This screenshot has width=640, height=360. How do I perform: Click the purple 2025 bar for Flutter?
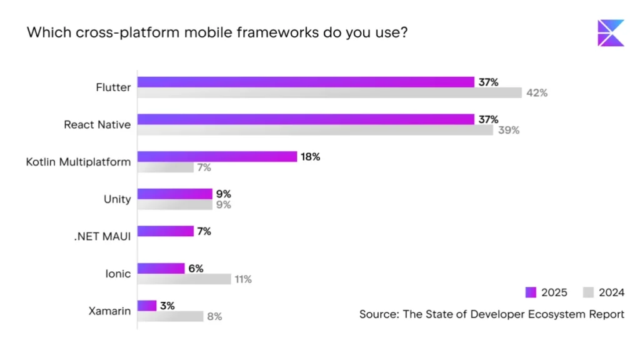306,82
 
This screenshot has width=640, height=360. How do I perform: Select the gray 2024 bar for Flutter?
329,92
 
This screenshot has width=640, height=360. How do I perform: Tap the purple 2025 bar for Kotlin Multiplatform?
217,156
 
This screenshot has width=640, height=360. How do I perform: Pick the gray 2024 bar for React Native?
315,130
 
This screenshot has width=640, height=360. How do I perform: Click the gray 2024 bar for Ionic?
184,279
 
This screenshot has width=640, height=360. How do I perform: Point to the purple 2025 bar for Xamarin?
147,305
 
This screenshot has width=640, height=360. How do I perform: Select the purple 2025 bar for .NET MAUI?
166,231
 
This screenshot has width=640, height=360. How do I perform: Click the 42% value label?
537,93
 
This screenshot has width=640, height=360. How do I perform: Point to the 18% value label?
311,157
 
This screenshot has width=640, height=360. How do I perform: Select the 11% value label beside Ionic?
242,279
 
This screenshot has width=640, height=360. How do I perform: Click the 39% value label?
509,130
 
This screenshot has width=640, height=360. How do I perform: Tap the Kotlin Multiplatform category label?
78,162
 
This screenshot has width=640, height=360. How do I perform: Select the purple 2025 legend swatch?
531,292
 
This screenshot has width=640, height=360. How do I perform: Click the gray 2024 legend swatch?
587,292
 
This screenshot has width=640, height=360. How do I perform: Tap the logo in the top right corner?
611,33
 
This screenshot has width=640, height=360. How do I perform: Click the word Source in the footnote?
377,314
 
